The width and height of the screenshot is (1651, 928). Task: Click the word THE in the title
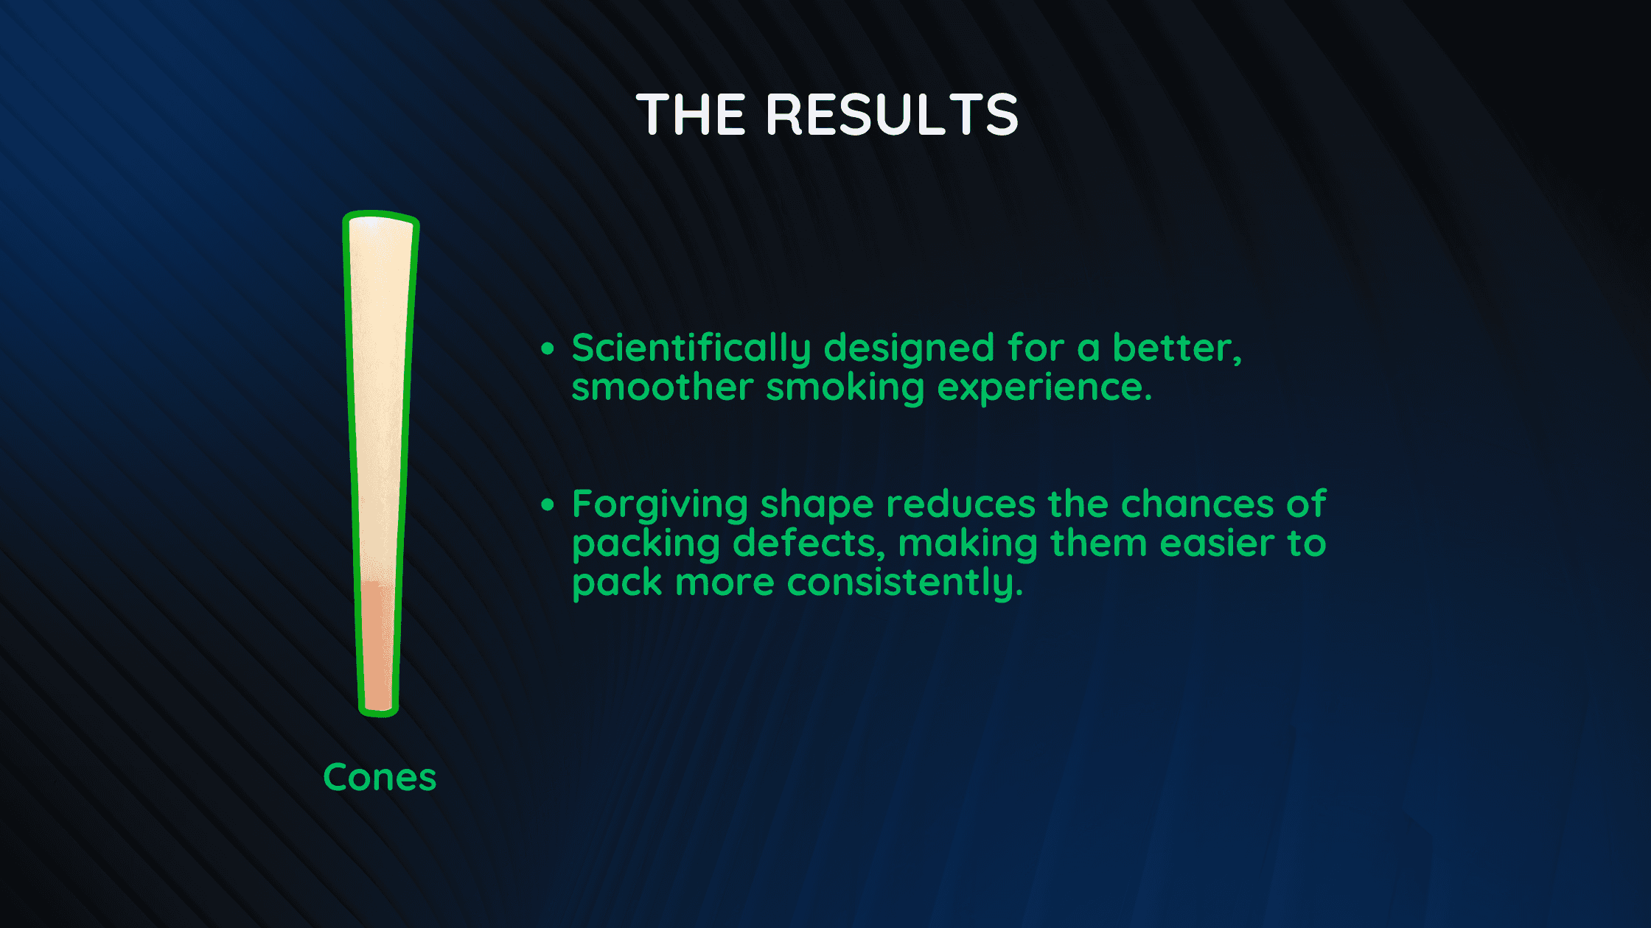(691, 115)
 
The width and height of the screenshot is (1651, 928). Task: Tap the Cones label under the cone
(380, 778)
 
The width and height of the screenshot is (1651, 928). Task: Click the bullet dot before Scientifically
(547, 348)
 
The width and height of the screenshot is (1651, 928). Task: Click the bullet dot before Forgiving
(547, 505)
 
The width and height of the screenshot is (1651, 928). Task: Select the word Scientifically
(691, 349)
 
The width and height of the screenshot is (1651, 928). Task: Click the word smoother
(663, 387)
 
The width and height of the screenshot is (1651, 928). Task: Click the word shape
(817, 506)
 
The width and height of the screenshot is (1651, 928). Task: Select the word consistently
(905, 583)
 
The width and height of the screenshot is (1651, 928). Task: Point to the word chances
(1198, 505)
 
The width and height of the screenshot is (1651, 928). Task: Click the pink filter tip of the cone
(377, 646)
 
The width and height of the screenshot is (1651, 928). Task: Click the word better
(1177, 349)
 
